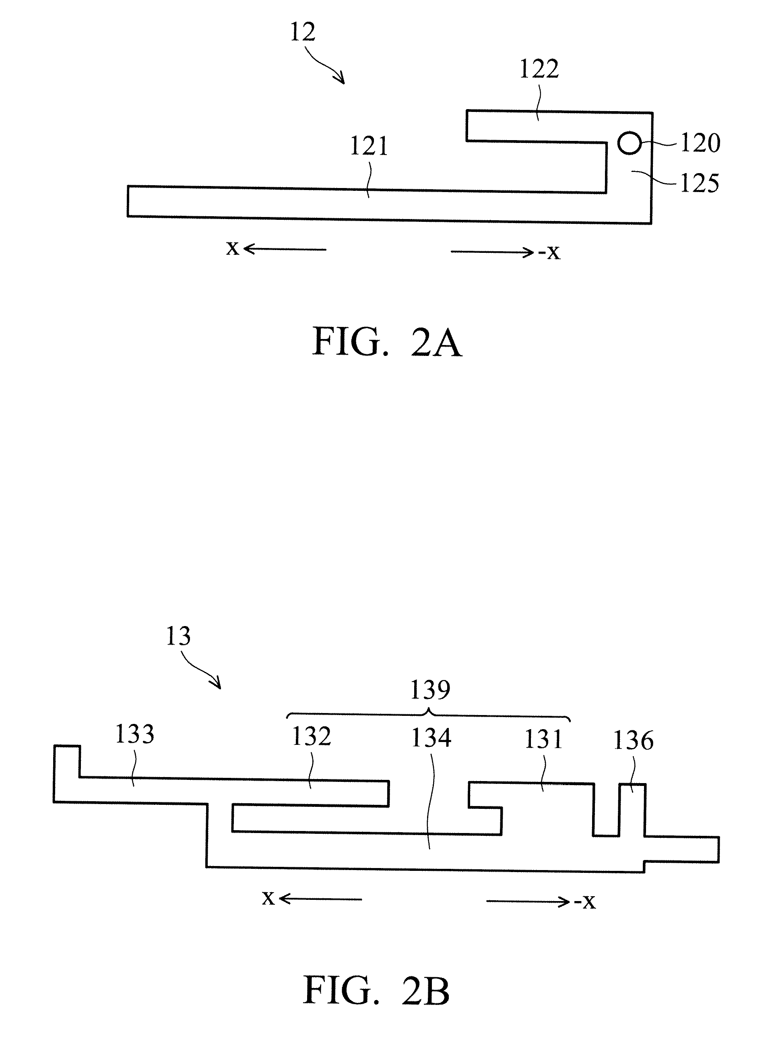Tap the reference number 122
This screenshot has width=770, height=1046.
[539, 69]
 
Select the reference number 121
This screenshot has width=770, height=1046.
[369, 147]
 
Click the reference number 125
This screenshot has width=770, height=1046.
[700, 183]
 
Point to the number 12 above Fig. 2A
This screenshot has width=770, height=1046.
[303, 32]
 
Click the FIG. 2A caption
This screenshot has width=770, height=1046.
[387, 343]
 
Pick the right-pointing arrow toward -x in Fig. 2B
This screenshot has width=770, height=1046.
[528, 902]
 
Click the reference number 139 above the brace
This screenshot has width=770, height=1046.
[430, 690]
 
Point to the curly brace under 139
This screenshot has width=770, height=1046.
[428, 715]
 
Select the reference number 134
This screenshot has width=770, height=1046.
[431, 738]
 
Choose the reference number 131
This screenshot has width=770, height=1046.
[543, 739]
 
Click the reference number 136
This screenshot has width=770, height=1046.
[633, 740]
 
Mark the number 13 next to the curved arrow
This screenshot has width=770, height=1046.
[178, 637]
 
